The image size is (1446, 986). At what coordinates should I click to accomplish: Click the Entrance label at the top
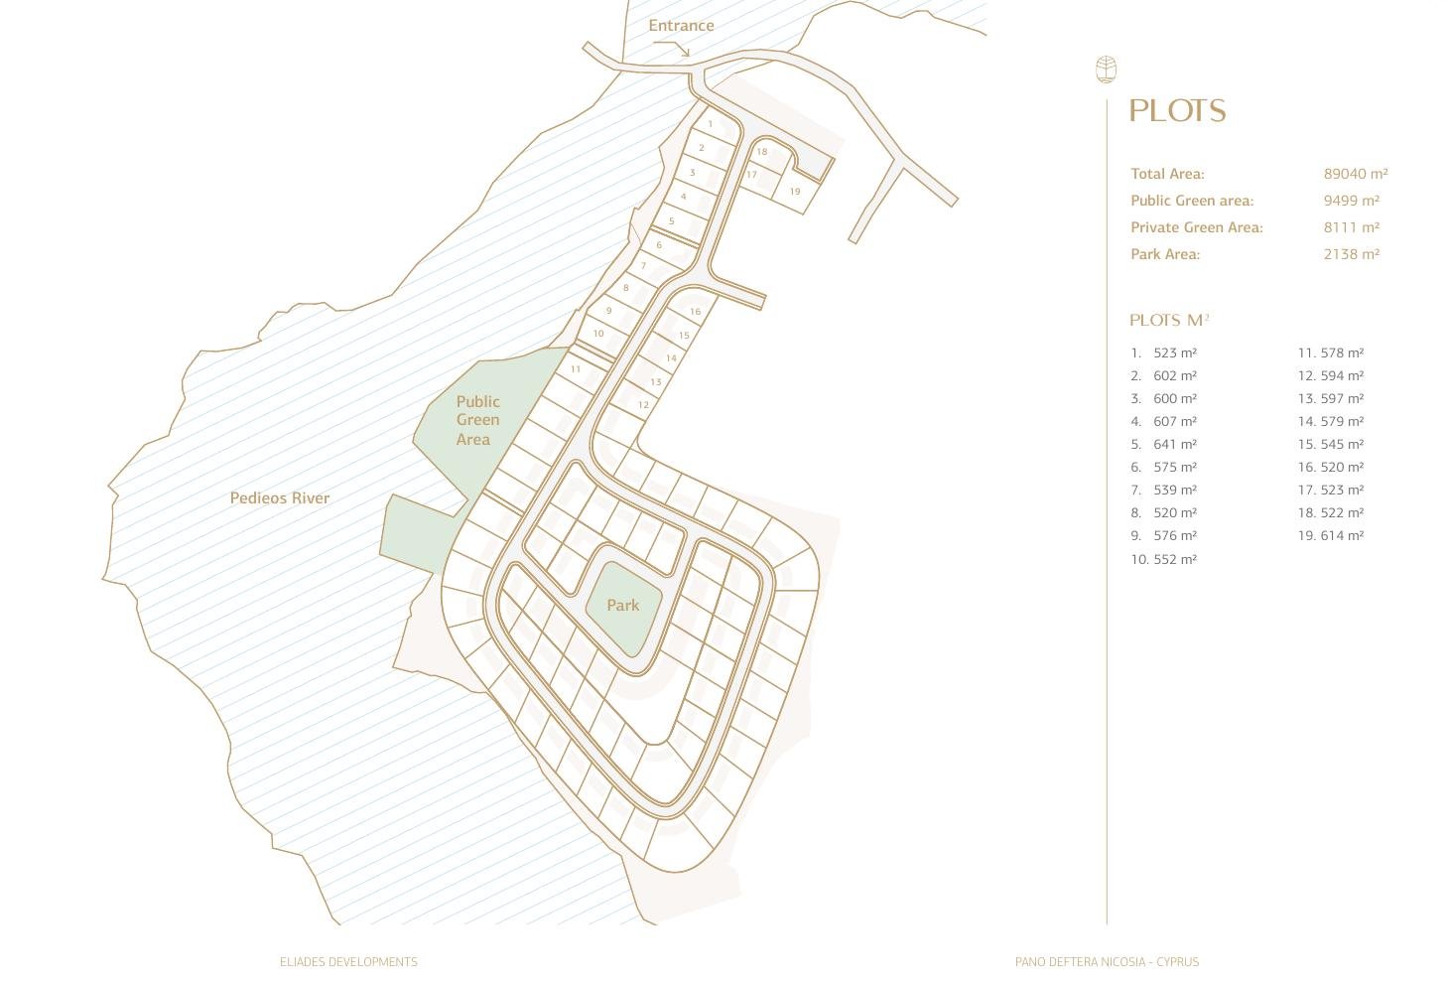point(681,26)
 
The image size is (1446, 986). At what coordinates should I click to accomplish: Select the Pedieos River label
point(280,498)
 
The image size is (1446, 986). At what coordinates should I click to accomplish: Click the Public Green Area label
point(477,420)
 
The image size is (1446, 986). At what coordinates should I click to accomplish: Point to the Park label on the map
point(622,605)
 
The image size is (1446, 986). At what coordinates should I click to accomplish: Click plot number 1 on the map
point(711,124)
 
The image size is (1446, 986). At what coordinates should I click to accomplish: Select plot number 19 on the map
point(795,192)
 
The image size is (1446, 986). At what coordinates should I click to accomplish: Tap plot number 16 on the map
point(695,312)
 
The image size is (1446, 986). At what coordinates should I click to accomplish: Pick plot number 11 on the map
point(576,369)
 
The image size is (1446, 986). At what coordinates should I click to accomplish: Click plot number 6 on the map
point(659,245)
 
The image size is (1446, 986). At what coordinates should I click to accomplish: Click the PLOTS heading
point(1177,111)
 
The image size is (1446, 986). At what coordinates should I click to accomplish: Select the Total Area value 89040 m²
point(1355,174)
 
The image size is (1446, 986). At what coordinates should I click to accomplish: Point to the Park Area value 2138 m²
point(1351,254)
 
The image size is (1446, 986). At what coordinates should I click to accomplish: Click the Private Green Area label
point(1196,227)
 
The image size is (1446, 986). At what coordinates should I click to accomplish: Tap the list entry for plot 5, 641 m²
point(1164,444)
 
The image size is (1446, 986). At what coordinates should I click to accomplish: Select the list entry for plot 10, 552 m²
point(1164,559)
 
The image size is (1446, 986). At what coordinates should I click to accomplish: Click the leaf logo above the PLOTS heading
point(1106,70)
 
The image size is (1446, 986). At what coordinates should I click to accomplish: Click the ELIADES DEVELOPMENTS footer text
point(348,962)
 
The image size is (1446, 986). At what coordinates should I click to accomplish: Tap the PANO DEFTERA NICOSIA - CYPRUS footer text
point(1107,962)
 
